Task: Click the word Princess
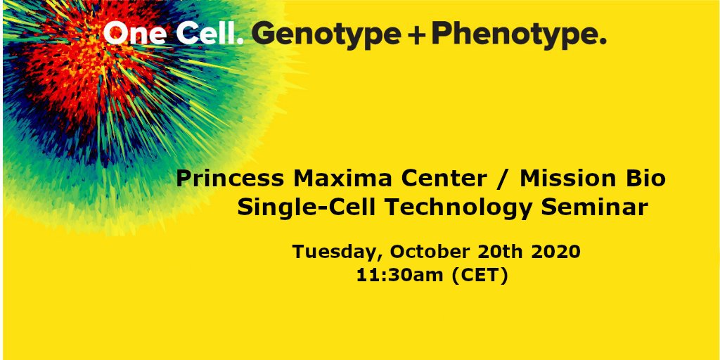pos(228,179)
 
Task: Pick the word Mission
pos(569,179)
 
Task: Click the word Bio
pos(645,179)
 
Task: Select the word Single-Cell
pos(301,209)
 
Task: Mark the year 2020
pos(556,252)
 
